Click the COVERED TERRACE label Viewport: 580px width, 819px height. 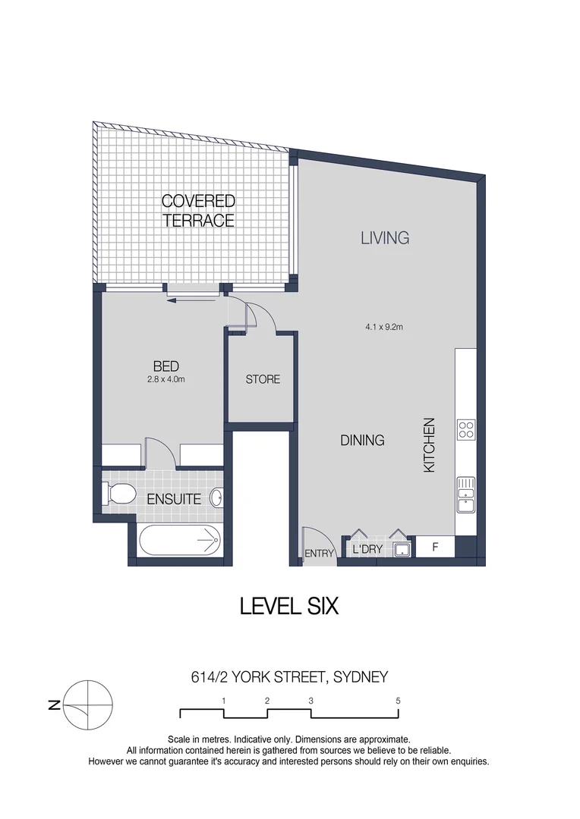click(x=198, y=211)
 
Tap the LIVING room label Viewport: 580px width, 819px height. click(x=385, y=237)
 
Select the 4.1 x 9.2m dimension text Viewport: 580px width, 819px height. click(x=383, y=328)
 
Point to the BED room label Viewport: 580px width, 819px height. click(x=165, y=367)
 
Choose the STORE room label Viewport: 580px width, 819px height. click(x=263, y=379)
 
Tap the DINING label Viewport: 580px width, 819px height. click(x=362, y=440)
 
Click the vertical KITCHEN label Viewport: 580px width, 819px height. click(x=429, y=446)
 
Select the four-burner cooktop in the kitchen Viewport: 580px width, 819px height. click(x=465, y=430)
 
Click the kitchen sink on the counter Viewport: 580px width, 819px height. click(x=465, y=494)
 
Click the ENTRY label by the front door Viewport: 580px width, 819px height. click(x=320, y=554)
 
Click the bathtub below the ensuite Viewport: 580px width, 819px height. click(x=180, y=542)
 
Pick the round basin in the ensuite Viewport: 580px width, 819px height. click(x=216, y=498)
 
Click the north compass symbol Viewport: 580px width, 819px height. click(x=88, y=704)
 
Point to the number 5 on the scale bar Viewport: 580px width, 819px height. click(x=399, y=701)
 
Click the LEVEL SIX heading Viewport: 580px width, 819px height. click(x=288, y=607)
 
